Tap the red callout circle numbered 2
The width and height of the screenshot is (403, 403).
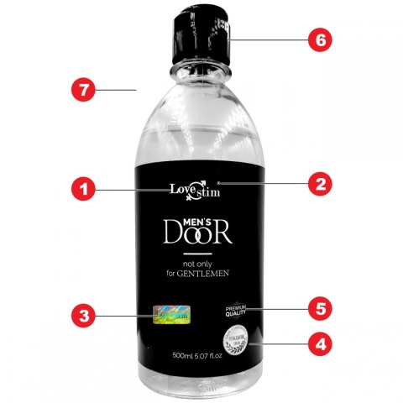pyautogui.click(x=319, y=182)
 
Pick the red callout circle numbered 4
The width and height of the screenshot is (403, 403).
pyautogui.click(x=320, y=343)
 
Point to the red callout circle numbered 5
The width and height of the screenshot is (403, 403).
pyautogui.click(x=320, y=307)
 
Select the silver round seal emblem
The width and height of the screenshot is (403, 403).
pyautogui.click(x=234, y=343)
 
